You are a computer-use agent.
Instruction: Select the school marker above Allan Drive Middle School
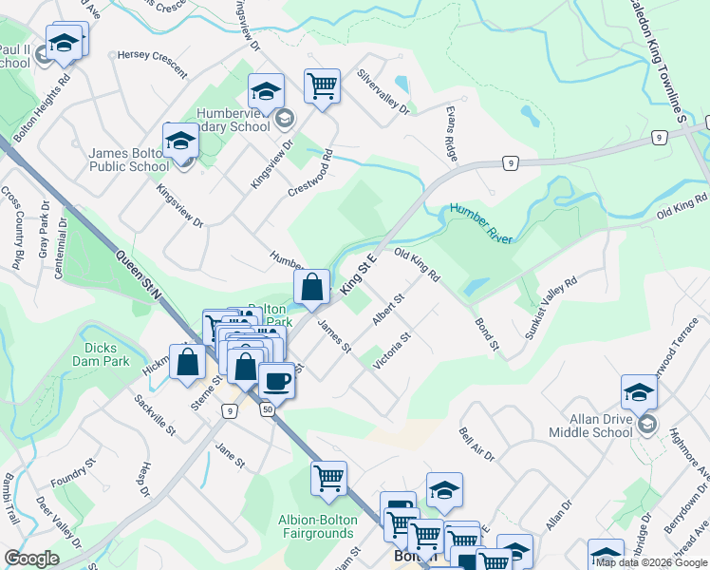639,391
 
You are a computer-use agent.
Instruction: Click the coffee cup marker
276,380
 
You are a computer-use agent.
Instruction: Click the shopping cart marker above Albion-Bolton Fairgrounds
328,478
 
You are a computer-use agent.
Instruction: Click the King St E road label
359,275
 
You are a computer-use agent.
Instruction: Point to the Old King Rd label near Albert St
417,265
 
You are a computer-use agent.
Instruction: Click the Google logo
31,559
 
